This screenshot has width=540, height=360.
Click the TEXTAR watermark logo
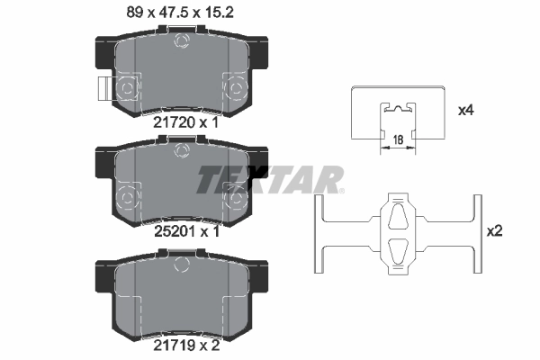pyautogui.click(x=270, y=179)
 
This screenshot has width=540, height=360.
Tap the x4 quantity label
pyautogui.click(x=465, y=111)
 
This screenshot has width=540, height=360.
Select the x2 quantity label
pyautogui.click(x=493, y=231)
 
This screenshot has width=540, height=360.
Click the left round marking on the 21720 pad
pyautogui.click(x=128, y=87)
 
